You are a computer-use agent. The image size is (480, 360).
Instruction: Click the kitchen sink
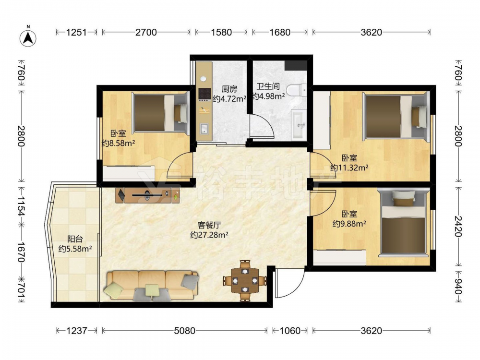[x=204, y=129]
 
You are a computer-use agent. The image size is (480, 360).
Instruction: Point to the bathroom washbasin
[x=299, y=125]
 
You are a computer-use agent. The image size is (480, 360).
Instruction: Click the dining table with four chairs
[x=245, y=280]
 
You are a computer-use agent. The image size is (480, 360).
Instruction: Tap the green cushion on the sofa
[x=152, y=290]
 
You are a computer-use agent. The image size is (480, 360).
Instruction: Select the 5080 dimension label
[x=184, y=331]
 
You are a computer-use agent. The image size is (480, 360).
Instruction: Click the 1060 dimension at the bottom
[x=290, y=331]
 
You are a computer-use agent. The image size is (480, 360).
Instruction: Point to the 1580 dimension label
[x=221, y=32]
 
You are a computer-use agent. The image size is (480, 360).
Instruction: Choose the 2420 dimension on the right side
[x=457, y=226]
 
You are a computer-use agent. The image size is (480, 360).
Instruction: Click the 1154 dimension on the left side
[x=21, y=206]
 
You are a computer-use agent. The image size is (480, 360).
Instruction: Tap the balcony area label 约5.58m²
[x=75, y=249]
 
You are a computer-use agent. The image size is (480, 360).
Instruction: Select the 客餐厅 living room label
[x=209, y=225]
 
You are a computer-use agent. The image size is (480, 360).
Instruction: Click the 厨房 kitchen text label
[x=229, y=89]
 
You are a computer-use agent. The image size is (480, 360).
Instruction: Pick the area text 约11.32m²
[x=349, y=168]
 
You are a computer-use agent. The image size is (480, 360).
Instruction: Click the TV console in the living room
[x=147, y=195]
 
